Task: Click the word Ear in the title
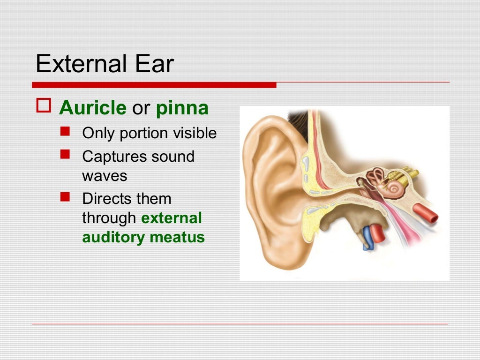[157, 64]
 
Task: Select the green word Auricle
[92, 108]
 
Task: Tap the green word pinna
[182, 108]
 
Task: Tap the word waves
[105, 176]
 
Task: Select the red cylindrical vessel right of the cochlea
[425, 214]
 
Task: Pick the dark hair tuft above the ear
[298, 122]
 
